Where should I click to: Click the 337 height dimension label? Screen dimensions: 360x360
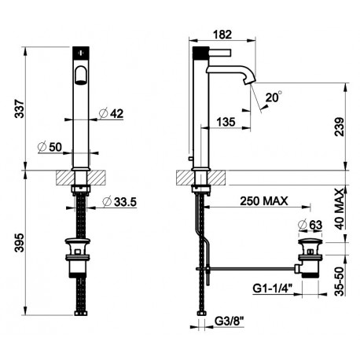click(x=20, y=108)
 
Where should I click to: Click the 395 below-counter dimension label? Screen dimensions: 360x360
click(x=20, y=243)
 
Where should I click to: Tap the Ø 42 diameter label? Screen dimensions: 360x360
click(x=112, y=113)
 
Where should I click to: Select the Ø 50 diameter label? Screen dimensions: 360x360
click(x=50, y=147)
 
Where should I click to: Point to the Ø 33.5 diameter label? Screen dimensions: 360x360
click(x=119, y=202)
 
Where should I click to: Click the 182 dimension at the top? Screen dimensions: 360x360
click(x=222, y=35)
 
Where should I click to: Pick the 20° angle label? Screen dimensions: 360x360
click(x=274, y=97)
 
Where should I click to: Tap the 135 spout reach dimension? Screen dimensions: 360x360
click(x=226, y=122)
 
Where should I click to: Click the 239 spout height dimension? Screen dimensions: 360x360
click(x=340, y=127)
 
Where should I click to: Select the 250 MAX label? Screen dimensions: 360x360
click(x=264, y=201)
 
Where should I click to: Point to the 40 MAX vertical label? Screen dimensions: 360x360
click(x=340, y=209)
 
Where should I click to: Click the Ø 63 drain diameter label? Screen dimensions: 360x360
click(x=310, y=225)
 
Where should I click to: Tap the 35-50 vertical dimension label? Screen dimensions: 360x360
click(x=340, y=281)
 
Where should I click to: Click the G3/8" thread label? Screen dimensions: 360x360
click(x=230, y=321)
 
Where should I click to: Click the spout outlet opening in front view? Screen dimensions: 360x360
click(x=81, y=75)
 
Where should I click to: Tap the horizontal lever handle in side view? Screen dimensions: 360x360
click(x=219, y=53)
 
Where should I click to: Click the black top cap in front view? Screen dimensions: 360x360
click(x=81, y=53)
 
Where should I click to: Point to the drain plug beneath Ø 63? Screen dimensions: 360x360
click(x=310, y=241)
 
